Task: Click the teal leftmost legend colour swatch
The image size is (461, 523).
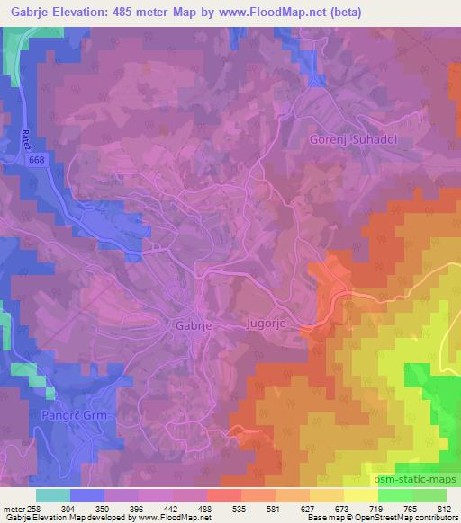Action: tap(53, 495)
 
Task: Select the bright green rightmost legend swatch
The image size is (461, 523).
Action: tap(429, 495)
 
